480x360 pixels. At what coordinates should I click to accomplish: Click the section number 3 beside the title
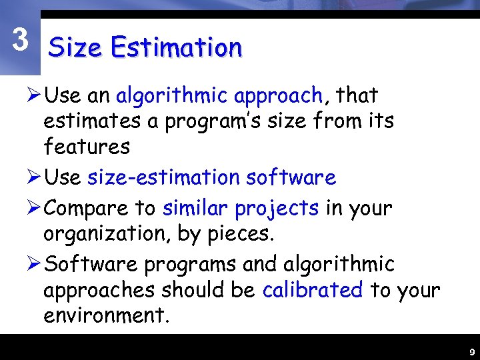click(x=21, y=41)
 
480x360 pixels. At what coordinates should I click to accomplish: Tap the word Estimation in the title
click(x=176, y=48)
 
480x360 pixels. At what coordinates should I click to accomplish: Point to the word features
click(x=87, y=145)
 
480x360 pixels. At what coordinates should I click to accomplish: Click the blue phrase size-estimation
click(x=163, y=177)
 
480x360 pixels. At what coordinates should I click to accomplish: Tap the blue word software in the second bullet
click(x=291, y=177)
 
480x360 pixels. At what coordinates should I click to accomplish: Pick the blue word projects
click(x=277, y=209)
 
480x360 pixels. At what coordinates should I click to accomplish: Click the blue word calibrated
click(x=313, y=290)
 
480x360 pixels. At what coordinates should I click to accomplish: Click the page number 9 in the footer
click(x=471, y=351)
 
